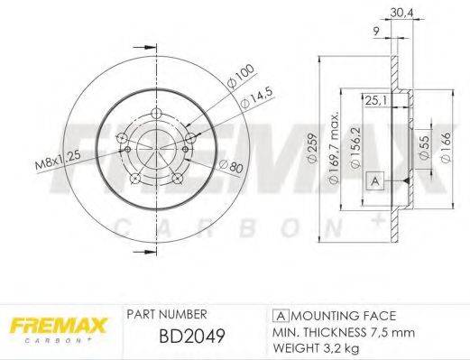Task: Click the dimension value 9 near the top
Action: (375, 32)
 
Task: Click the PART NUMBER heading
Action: (168, 314)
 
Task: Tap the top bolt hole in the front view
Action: (155, 113)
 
